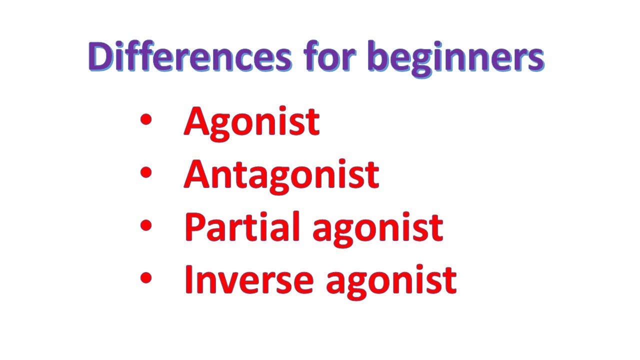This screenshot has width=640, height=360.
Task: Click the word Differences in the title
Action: click(190, 56)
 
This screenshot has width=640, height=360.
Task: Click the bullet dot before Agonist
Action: click(146, 119)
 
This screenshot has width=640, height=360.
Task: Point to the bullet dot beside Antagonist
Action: click(146, 172)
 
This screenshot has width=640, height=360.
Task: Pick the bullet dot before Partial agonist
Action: click(146, 225)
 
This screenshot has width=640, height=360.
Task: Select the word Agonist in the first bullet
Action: click(251, 123)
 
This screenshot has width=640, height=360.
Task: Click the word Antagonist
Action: click(281, 176)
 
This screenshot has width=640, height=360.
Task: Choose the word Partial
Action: click(242, 226)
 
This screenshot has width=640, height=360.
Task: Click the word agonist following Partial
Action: click(377, 229)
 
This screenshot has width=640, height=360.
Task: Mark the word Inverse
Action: click(249, 279)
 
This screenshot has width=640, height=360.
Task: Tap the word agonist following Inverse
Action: click(391, 282)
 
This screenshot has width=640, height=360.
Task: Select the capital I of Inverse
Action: click(188, 279)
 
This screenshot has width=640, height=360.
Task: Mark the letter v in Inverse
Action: click(231, 283)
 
